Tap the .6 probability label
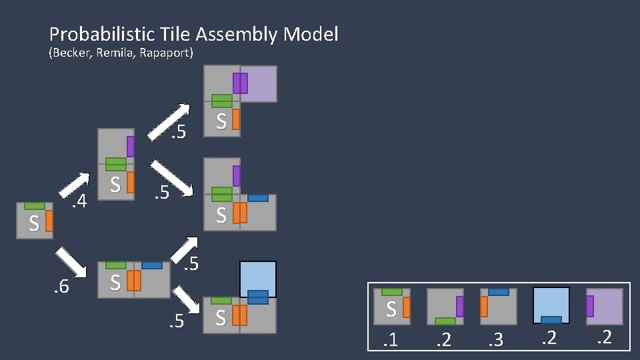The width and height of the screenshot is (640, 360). pyautogui.click(x=62, y=287)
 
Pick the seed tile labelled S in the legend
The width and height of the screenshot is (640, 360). pyautogui.click(x=392, y=307)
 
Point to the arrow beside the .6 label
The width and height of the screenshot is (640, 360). pyautogui.click(x=72, y=261)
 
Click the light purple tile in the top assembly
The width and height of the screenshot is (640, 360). pyautogui.click(x=259, y=84)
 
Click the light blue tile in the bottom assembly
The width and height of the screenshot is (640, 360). pyautogui.click(x=258, y=278)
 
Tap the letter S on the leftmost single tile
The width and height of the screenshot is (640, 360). pyautogui.click(x=33, y=223)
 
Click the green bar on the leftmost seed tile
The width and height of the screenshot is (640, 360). pyautogui.click(x=35, y=206)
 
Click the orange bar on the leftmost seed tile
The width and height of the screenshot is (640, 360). pyautogui.click(x=49, y=221)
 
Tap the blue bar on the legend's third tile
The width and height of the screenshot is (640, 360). pyautogui.click(x=499, y=292)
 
